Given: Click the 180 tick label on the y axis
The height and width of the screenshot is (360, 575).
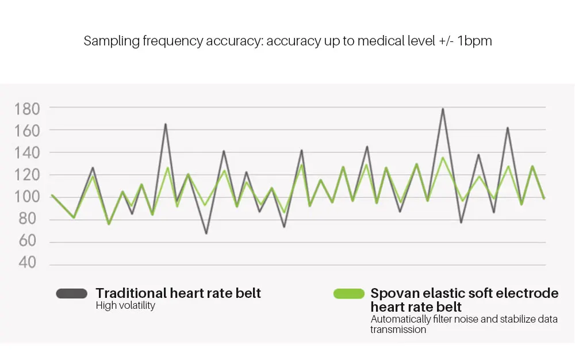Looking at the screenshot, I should point(27,109).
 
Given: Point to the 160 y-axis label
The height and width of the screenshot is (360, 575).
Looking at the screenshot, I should point(27,131).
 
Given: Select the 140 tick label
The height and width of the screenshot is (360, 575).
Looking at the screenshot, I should point(27,153).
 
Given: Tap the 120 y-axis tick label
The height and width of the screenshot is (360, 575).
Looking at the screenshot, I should point(27,175).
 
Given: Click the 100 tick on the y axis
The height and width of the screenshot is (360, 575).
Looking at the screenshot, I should point(27,197).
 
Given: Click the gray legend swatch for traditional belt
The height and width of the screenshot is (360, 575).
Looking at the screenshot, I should point(71,293).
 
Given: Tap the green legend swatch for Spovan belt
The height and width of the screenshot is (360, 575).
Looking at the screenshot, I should point(349,293).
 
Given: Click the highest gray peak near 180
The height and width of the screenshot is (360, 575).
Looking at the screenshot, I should point(443,109).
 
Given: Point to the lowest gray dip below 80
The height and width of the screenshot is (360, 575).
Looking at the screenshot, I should point(206,233).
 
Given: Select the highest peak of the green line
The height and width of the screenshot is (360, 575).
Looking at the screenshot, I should point(443,158).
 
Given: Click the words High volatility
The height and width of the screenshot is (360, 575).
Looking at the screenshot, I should point(125,306).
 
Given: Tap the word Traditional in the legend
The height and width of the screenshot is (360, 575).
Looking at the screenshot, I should point(131,293).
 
